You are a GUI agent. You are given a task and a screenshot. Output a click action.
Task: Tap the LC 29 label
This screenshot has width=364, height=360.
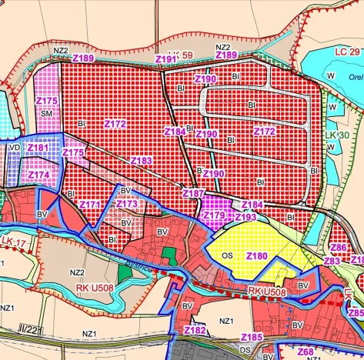click(347, 50)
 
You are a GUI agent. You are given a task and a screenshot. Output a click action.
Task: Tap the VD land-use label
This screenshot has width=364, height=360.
click(14, 146)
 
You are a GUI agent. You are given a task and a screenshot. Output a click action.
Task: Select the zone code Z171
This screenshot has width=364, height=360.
click(90, 205)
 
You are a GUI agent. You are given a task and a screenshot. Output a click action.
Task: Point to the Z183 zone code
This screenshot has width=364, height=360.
click(142, 160)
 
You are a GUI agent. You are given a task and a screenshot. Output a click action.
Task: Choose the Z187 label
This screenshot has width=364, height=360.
click(194, 192)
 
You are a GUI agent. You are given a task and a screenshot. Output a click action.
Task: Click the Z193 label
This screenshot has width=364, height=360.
click(245, 217)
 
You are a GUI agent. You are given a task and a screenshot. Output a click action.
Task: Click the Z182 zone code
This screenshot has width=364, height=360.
click(195, 330)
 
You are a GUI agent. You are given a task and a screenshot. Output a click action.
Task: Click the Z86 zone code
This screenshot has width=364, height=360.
click(339, 248)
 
